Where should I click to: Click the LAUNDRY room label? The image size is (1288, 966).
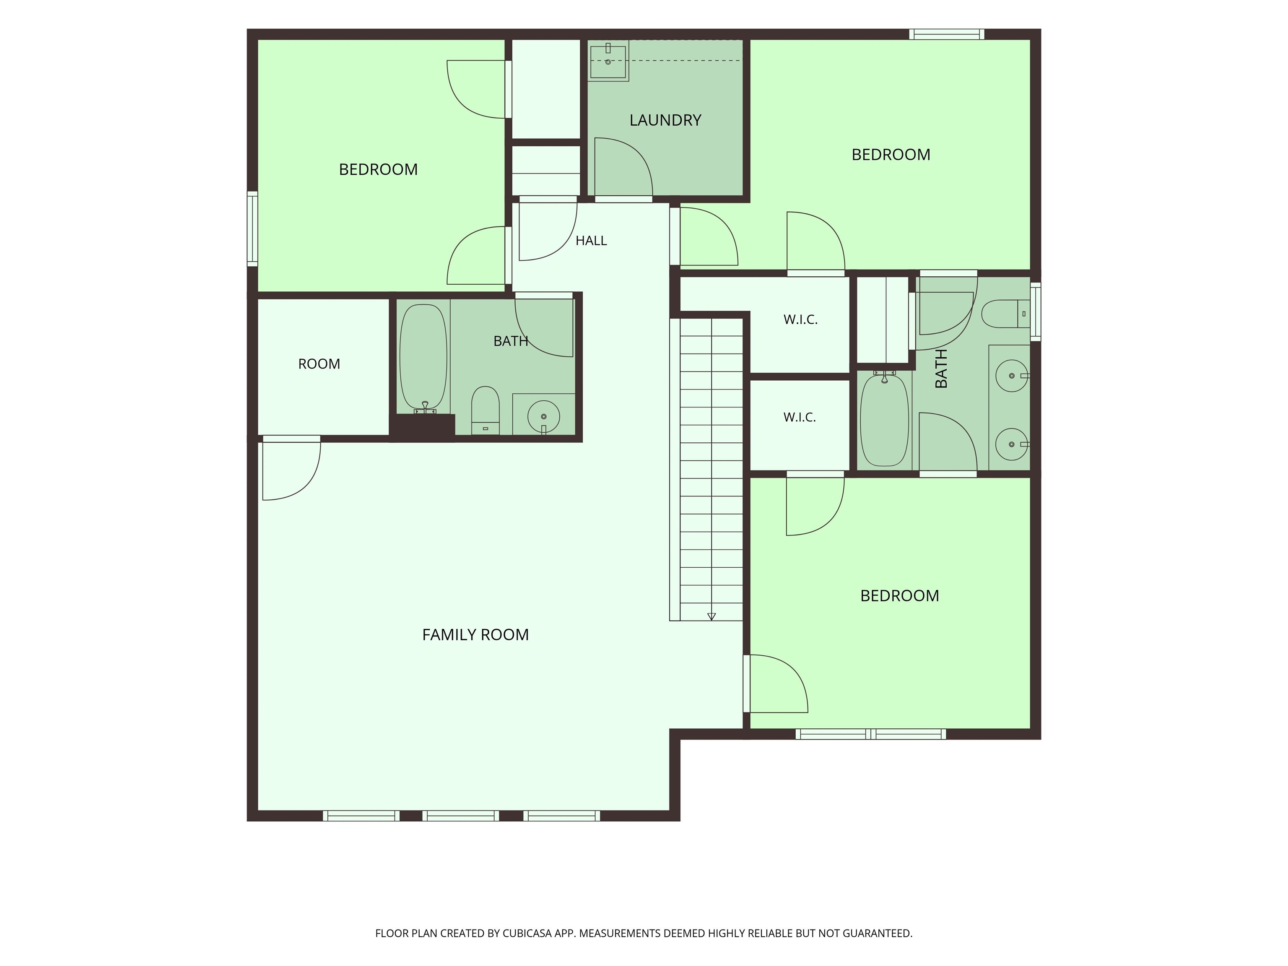[665, 120]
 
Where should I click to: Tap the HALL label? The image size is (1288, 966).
[591, 241]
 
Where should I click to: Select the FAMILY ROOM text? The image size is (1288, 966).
[475, 635]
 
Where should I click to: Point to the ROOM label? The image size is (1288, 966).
[319, 364]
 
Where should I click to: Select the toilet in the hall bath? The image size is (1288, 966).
[485, 410]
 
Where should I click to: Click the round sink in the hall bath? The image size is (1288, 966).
[544, 416]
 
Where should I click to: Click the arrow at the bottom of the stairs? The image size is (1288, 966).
[711, 616]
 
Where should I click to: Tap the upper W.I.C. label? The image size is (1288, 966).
[801, 319]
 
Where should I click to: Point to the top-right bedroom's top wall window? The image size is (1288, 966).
[947, 34]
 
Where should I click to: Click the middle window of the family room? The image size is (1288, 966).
[461, 816]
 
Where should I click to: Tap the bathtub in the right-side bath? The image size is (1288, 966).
[885, 420]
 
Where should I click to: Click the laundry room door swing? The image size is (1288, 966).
[623, 168]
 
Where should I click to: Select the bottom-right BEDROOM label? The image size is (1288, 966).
[900, 596]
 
